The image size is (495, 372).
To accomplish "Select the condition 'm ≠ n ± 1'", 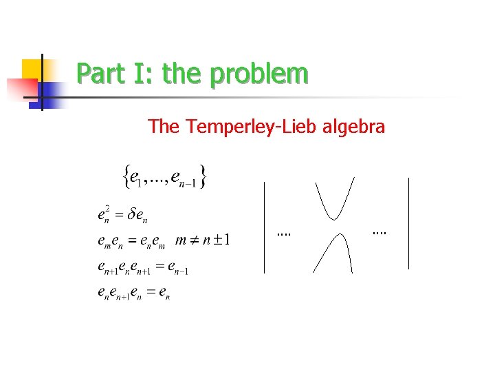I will (x=203, y=240).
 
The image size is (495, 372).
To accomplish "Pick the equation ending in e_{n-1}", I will (x=142, y=267).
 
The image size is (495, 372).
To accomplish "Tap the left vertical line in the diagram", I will (x=265, y=227).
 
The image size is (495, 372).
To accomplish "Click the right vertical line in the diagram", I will (x=409, y=223).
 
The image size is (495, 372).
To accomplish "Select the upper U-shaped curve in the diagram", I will (x=335, y=200).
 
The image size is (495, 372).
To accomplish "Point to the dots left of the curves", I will (x=283, y=234).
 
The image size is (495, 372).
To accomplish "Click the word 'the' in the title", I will (x=184, y=74).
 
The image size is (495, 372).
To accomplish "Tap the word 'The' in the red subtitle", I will (x=163, y=127).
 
